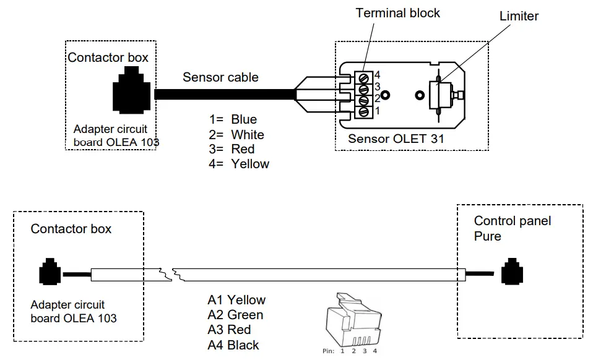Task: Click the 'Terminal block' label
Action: point(398,13)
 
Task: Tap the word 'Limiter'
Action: point(519,16)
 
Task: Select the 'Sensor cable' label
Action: point(220,78)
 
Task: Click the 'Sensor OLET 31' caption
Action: point(396,139)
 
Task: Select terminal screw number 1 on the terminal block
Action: point(365,112)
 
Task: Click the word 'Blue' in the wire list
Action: point(244,119)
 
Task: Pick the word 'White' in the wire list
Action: point(248,134)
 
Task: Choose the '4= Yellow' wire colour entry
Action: point(240,164)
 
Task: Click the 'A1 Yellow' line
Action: point(236,300)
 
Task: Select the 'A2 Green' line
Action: point(235,315)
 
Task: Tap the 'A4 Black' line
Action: point(233,345)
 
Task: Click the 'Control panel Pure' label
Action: point(512,228)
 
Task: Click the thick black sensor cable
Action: point(223,95)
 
